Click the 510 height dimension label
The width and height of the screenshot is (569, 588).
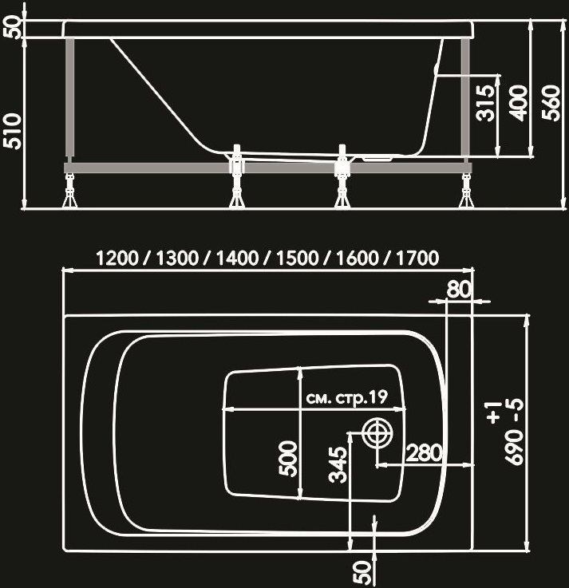[x=12, y=131]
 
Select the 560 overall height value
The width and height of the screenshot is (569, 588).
[x=551, y=103]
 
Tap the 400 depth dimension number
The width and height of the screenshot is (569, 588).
[x=519, y=103]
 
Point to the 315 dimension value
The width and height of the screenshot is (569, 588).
[x=485, y=103]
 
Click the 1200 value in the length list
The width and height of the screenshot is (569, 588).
[x=117, y=258]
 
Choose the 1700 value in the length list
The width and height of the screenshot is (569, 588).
[x=417, y=258]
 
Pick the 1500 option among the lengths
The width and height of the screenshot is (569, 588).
[x=298, y=258]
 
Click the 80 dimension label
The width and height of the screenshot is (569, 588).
[x=458, y=289]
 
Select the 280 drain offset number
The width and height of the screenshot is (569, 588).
[x=425, y=452]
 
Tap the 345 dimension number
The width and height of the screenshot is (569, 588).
[x=338, y=464]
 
